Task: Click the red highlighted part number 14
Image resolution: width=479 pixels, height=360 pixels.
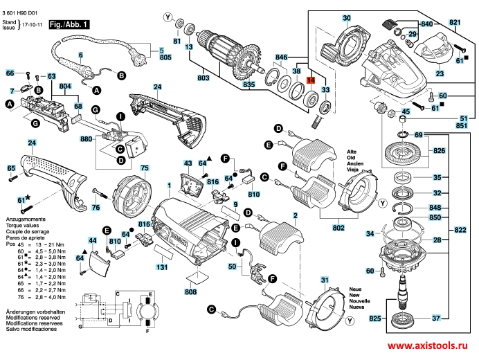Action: pos(311,81)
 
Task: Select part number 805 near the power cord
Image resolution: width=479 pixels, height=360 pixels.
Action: pos(164,61)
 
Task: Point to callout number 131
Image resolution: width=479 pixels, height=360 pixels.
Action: pos(161,267)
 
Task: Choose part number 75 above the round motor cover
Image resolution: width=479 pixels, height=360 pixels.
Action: pos(145,168)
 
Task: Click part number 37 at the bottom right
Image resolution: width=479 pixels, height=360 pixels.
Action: pos(437,319)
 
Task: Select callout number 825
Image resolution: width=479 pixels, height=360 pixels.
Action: pos(374,319)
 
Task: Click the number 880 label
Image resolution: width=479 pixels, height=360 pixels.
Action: pos(86,138)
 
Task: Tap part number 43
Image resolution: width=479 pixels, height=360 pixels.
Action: pos(188,163)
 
